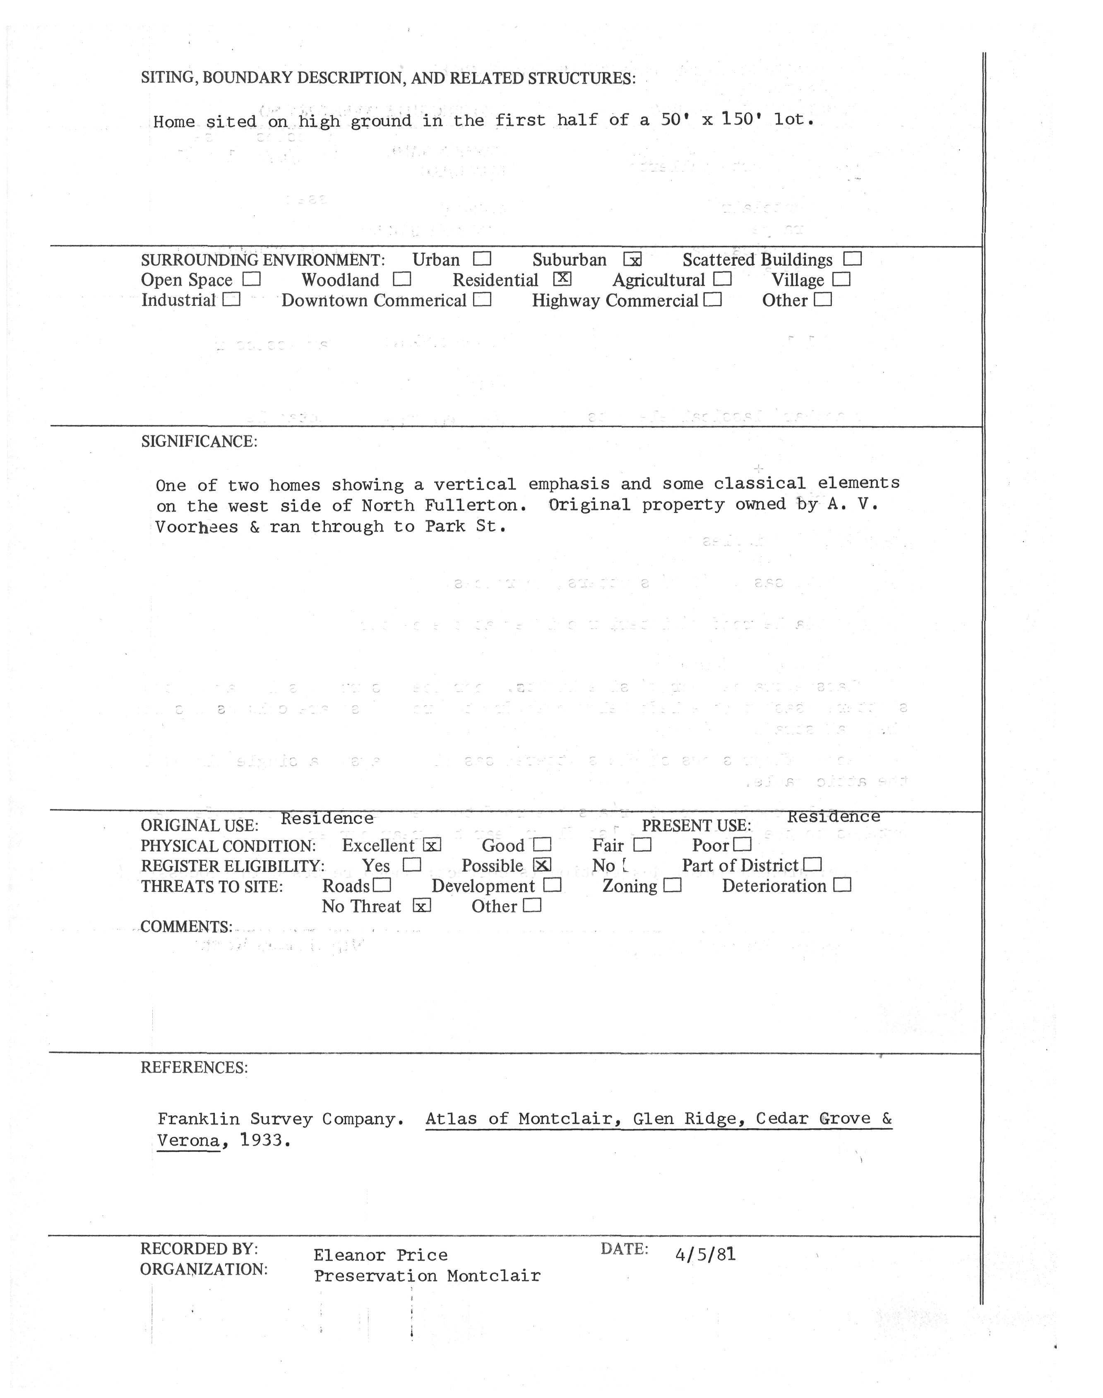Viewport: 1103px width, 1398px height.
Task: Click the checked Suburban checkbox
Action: (x=632, y=259)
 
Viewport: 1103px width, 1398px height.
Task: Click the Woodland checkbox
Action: (x=402, y=280)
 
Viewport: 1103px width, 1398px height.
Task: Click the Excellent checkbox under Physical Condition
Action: (x=431, y=845)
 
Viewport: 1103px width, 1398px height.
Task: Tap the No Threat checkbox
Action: (x=421, y=906)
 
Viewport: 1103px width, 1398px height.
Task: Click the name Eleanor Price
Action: (x=380, y=1255)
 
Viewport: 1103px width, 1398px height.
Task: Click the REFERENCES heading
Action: (x=194, y=1067)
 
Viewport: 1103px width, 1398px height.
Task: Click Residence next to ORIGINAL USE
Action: (x=327, y=819)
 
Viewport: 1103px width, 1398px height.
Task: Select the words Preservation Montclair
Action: (x=427, y=1276)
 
